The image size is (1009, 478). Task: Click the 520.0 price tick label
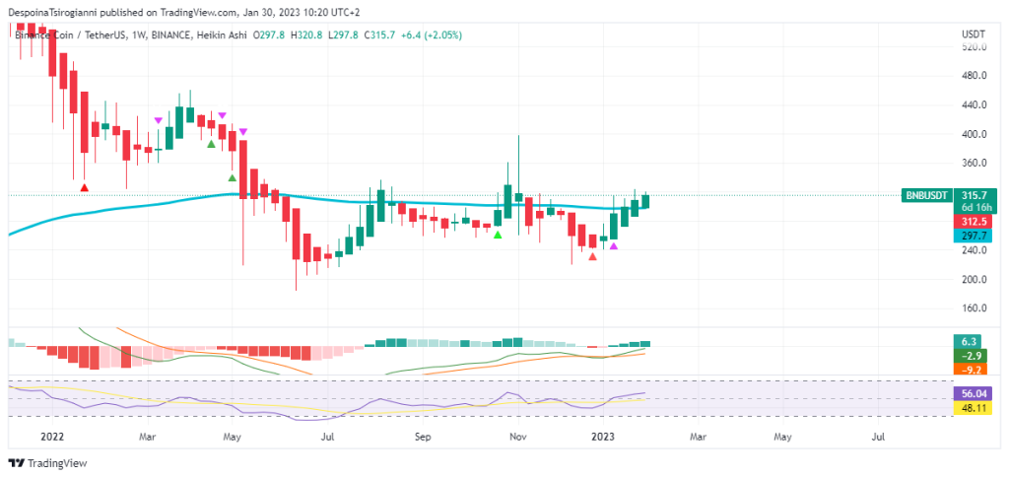pos(975,47)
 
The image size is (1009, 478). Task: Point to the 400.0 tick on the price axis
pos(975,134)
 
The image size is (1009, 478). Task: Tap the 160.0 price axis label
pos(975,308)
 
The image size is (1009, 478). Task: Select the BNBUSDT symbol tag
pos(926,196)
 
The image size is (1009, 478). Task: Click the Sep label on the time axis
pos(423,434)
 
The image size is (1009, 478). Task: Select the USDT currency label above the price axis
pos(974,34)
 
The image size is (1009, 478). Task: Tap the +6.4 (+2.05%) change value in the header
pos(427,35)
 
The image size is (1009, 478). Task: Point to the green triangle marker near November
pos(498,235)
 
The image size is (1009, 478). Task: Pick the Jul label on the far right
pos(878,434)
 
